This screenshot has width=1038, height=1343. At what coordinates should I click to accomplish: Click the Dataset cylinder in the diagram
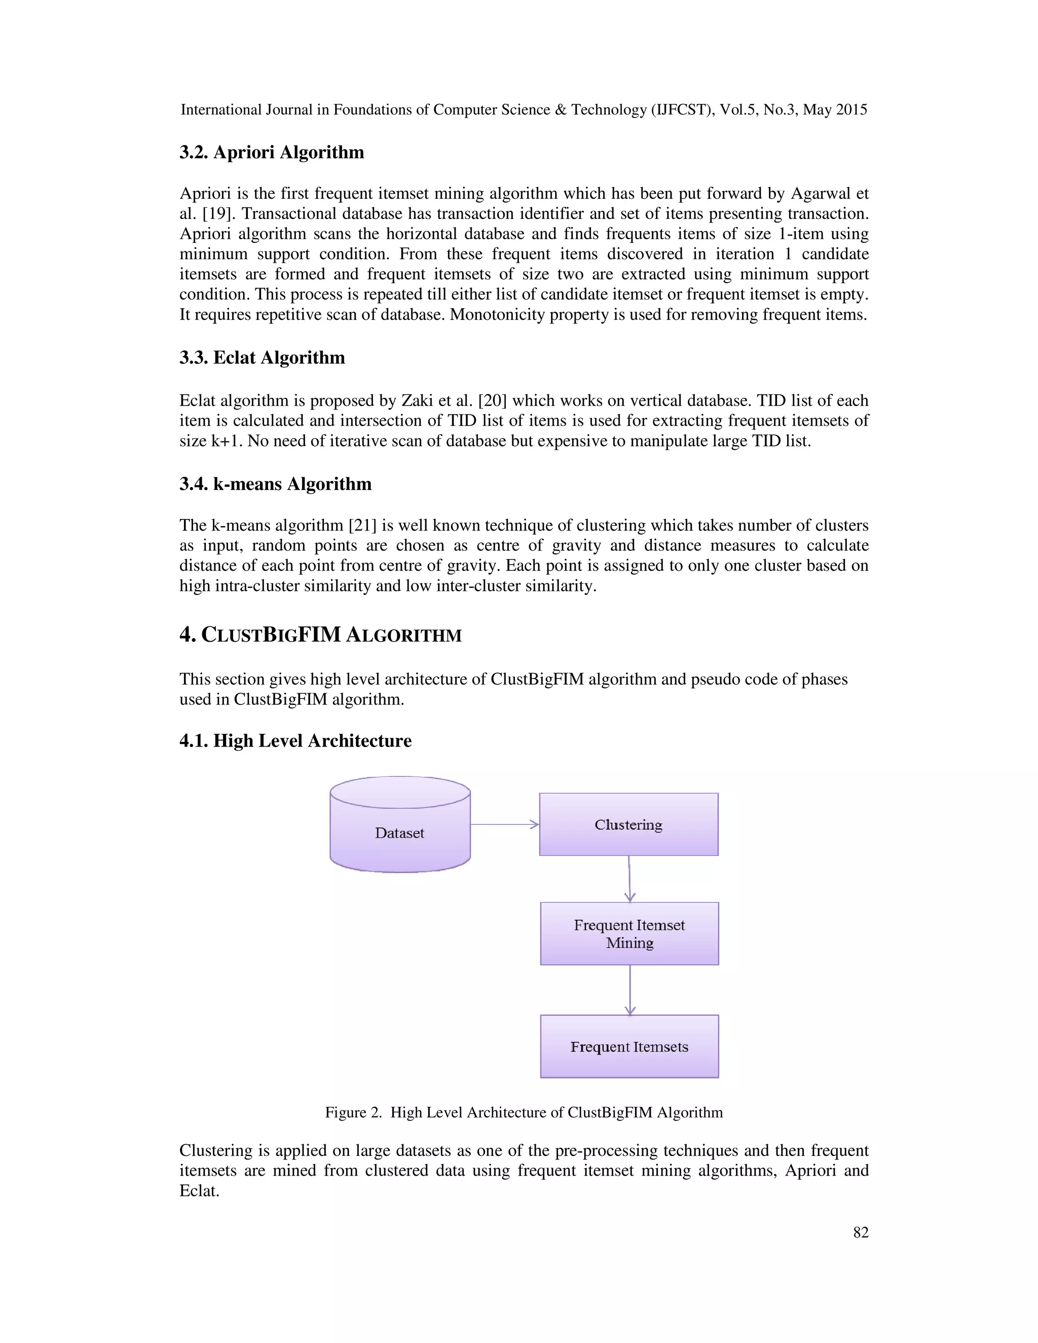400,825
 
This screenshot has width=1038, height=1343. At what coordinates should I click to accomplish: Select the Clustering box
628,825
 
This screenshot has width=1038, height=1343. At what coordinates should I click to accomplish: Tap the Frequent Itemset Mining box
629,934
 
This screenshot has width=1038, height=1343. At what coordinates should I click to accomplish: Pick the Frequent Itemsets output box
629,1047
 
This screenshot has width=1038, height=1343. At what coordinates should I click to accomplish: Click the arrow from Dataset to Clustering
504,825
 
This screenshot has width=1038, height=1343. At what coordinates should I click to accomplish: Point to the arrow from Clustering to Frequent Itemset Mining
629,879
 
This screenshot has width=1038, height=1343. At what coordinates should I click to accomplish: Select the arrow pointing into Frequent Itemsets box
629,990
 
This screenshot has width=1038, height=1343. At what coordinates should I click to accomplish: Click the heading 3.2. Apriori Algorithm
272,153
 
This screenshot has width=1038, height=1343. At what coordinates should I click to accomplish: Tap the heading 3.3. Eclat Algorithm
262,358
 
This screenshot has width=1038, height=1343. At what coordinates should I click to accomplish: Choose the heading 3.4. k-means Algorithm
276,484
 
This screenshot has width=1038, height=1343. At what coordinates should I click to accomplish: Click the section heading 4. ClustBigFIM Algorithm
320,635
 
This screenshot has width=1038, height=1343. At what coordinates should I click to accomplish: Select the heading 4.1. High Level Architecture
295,740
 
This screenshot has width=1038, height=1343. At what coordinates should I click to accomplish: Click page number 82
860,1233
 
